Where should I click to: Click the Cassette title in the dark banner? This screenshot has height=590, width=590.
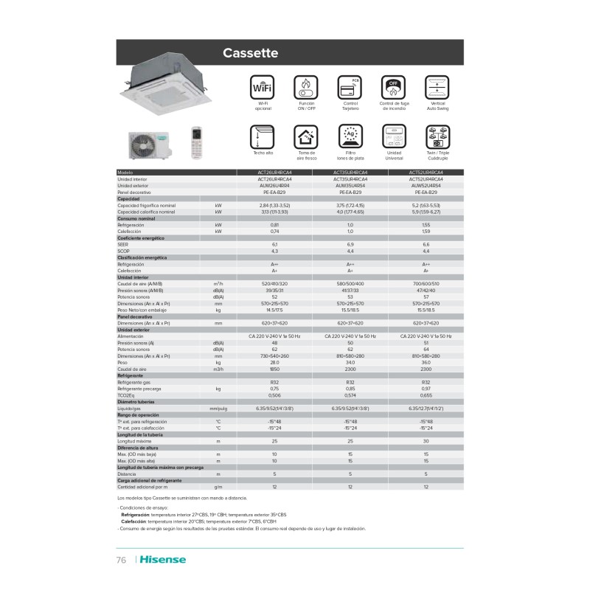[249, 53]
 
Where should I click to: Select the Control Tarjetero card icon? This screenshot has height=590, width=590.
[350, 88]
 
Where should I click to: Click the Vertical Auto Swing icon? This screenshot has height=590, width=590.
[438, 88]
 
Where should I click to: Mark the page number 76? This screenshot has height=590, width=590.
[122, 560]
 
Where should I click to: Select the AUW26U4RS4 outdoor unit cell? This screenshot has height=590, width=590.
[274, 186]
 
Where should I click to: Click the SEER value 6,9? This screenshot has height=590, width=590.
[350, 244]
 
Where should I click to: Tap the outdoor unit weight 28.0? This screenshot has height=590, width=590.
[274, 362]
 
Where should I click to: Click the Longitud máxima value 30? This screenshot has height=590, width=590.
[426, 440]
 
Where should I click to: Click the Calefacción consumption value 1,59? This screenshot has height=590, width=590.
[426, 232]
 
